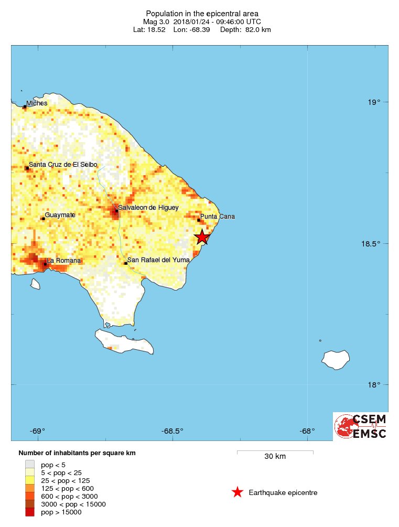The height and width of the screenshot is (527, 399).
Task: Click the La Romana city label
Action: [64, 261]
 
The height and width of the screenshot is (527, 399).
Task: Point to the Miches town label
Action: [37, 103]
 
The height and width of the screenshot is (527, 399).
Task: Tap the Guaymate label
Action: [60, 215]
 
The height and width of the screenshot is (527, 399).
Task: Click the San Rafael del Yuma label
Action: [158, 260]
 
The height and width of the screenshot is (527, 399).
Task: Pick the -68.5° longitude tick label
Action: [172, 432]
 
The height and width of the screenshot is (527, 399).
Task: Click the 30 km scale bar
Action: [275, 451]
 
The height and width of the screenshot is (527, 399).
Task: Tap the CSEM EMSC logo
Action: [361, 426]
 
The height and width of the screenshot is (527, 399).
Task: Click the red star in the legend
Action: [238, 492]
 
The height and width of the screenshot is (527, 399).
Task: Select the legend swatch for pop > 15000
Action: [30, 512]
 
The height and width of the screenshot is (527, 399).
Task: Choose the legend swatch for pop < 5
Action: [30, 465]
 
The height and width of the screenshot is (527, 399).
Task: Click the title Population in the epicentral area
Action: [202, 13]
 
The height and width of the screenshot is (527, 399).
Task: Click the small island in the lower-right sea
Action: [336, 359]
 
